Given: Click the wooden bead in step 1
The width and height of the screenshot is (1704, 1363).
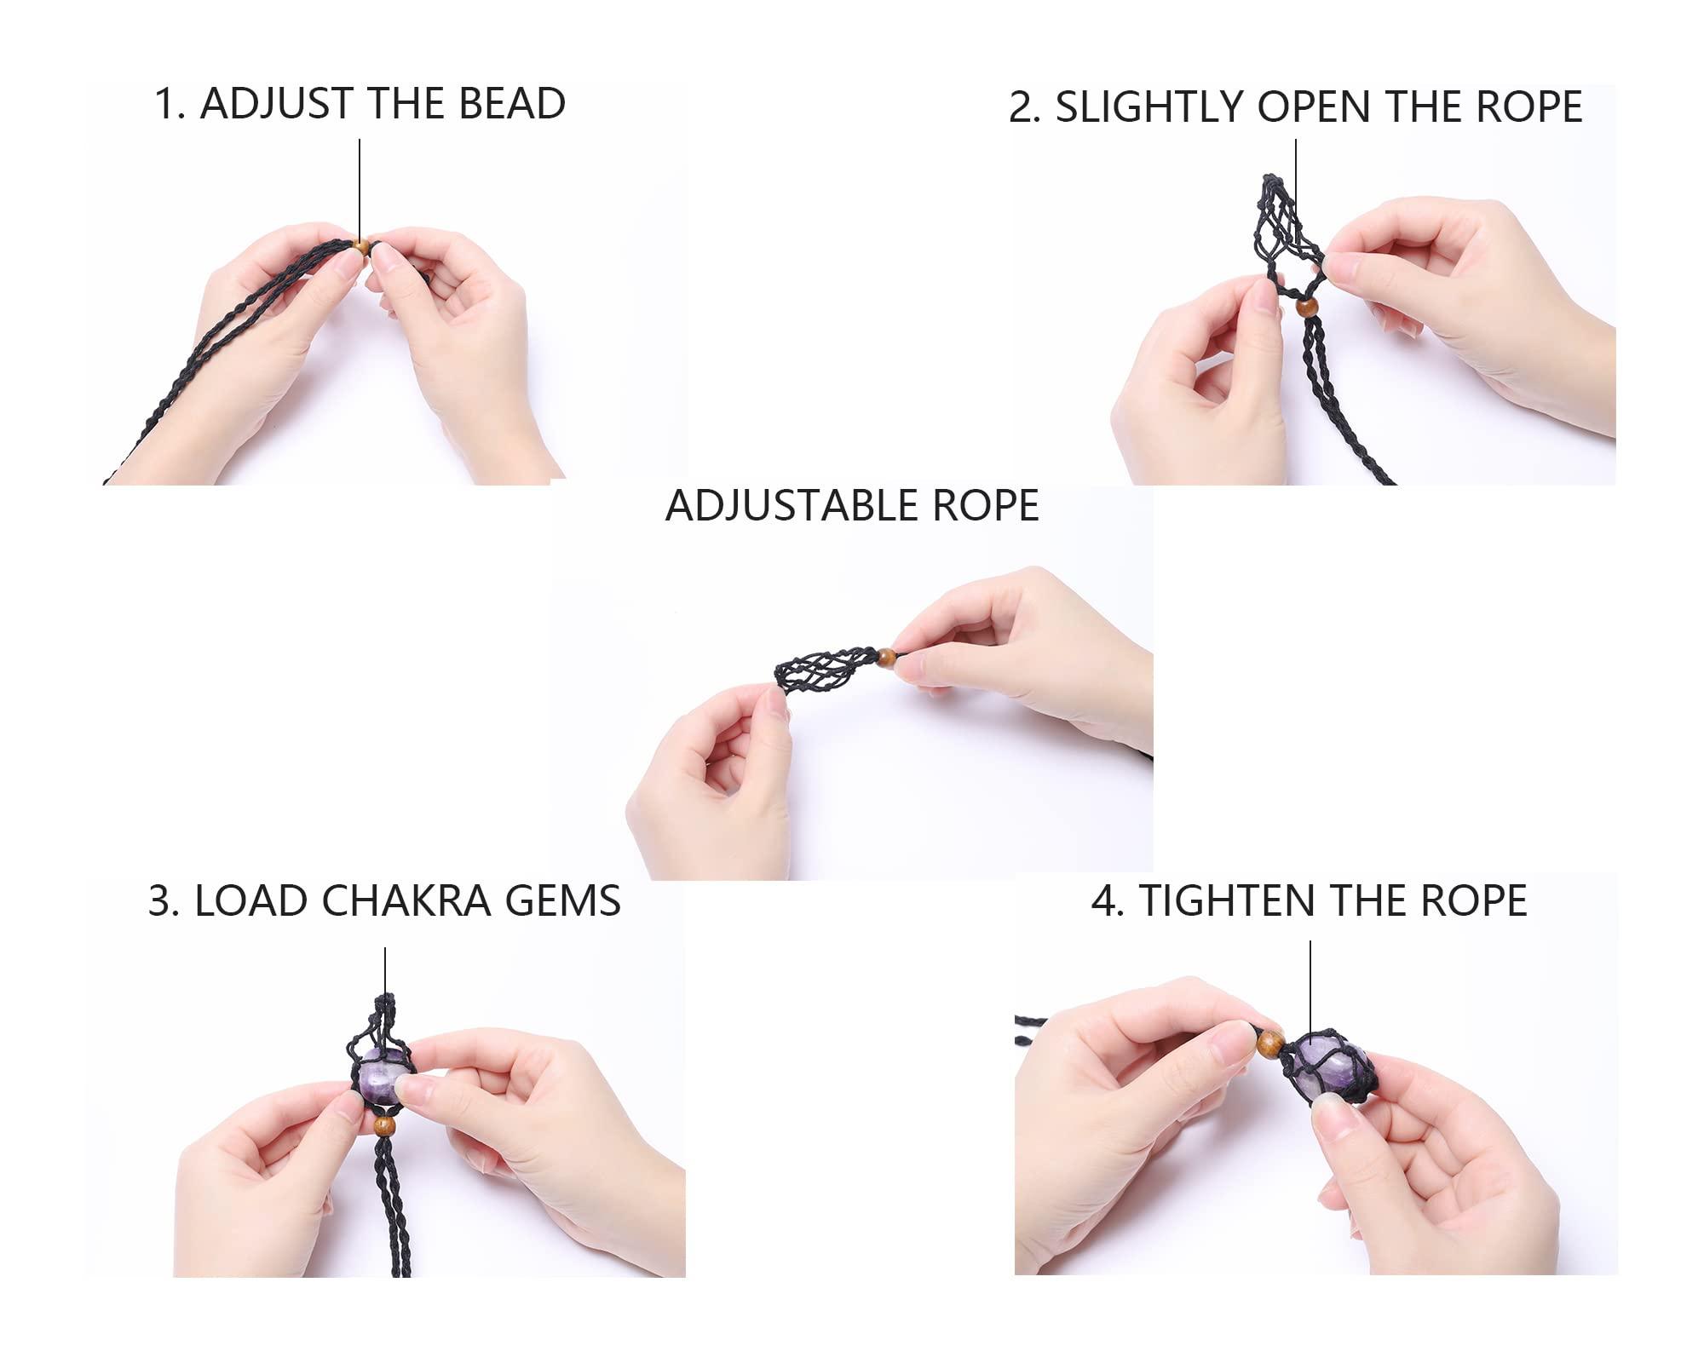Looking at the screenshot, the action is click(360, 247).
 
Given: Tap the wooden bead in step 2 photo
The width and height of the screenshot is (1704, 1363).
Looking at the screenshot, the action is click(1306, 307).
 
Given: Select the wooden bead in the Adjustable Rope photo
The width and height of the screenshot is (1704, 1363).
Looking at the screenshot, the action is click(887, 657).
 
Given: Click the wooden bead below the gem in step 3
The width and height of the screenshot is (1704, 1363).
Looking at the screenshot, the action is click(385, 1125).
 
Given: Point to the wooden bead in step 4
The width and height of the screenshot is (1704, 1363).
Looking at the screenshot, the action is click(1270, 1041).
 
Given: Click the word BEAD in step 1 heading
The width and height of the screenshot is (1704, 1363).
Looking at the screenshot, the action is click(512, 104).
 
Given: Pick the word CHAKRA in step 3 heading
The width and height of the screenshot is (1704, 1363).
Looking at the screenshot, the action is click(418, 901).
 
